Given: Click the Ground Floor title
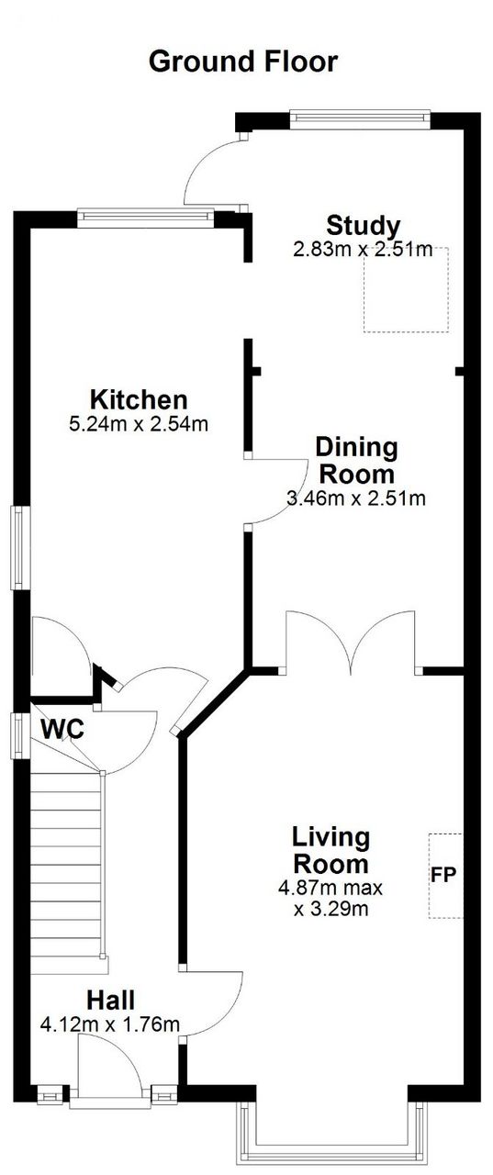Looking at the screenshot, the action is click(243, 62).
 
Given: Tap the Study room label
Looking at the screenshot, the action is click(363, 226).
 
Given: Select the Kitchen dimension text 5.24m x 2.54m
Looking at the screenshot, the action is click(139, 424).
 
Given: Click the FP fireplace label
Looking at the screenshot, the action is click(444, 874).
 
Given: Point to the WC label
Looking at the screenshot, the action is click(62, 729).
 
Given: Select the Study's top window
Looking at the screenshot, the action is click(360, 118).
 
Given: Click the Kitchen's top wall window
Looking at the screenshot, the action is click(146, 218).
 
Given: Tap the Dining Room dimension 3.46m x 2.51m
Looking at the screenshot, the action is click(356, 498).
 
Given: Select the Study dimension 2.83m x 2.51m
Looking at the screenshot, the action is click(363, 249).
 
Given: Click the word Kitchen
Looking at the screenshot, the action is click(139, 399).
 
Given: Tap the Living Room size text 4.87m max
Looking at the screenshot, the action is click(331, 888).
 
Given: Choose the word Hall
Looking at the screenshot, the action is click(110, 1000).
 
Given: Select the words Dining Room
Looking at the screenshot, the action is click(356, 461).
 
